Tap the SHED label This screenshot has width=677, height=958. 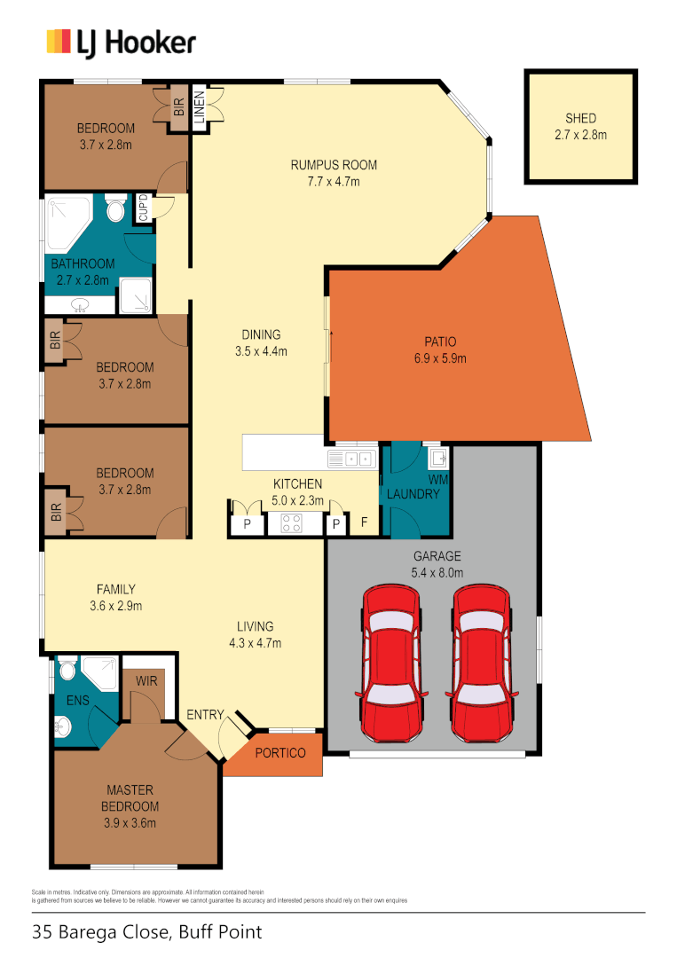580,118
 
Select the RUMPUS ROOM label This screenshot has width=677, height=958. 334,165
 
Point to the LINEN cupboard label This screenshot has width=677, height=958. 200,108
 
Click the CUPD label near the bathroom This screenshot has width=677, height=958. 143,208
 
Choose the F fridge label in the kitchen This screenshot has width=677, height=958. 364,523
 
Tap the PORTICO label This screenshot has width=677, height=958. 280,754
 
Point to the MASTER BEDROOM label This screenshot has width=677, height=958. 131,798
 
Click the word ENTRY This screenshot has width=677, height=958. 205,715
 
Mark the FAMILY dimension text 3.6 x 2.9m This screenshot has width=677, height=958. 116,607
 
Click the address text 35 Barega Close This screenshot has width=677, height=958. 101,932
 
